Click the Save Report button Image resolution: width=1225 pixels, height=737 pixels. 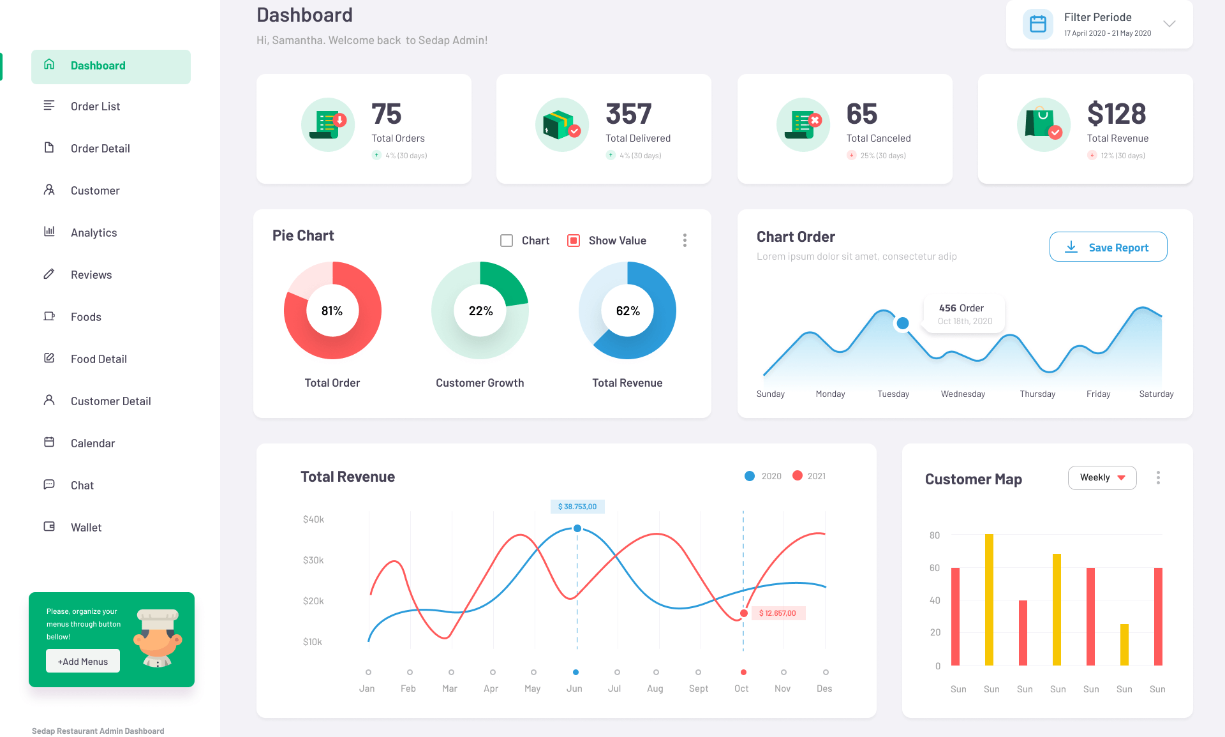tap(1108, 247)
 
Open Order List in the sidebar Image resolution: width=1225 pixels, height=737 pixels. tap(95, 107)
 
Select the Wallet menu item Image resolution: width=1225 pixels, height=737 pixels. tap(86, 528)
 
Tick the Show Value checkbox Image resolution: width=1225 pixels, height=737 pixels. tap(574, 241)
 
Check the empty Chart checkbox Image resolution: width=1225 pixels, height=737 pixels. tap(507, 241)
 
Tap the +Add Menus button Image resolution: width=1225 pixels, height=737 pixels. tap(83, 661)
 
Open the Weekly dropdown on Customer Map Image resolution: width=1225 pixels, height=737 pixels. tap(1102, 478)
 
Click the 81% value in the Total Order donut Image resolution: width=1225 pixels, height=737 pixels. tap(332, 311)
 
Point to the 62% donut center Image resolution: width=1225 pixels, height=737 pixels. tap(628, 311)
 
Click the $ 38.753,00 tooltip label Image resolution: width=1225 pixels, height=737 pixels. tap(577, 507)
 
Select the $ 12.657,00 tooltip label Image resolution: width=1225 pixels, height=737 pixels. tap(777, 613)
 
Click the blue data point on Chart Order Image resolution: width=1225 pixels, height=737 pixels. tap(903, 324)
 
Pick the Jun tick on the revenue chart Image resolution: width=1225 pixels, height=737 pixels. tap(575, 673)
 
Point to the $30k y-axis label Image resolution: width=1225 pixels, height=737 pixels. tap(313, 560)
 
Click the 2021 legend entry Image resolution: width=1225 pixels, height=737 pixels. tap(809, 476)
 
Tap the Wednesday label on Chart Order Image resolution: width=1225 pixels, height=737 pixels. tap(963, 394)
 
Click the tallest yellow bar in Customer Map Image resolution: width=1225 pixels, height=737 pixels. tap(989, 600)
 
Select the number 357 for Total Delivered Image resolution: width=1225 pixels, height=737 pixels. tap(628, 114)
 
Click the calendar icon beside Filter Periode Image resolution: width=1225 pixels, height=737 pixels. tap(1038, 24)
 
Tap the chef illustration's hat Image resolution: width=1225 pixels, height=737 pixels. tap(158, 617)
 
